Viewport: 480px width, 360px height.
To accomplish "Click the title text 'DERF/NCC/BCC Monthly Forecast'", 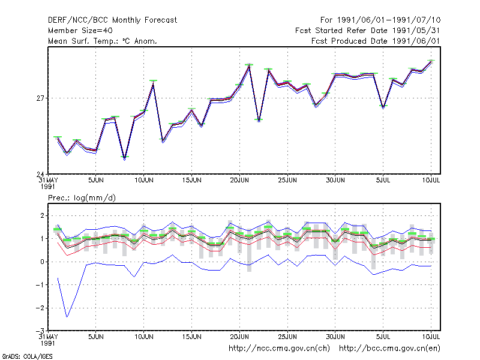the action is (x=112, y=20).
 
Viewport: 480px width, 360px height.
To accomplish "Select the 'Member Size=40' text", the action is (x=80, y=31).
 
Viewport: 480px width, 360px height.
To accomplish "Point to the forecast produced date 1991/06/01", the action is (x=376, y=41).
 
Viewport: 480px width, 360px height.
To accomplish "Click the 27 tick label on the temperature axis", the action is (x=40, y=98).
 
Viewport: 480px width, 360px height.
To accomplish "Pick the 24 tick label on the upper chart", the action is (x=40, y=174).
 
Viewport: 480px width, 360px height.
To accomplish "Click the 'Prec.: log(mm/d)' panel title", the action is (x=82, y=198).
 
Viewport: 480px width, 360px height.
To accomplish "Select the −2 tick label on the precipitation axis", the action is (x=40, y=308).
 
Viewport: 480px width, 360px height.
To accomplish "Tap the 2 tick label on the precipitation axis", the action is (x=42, y=215).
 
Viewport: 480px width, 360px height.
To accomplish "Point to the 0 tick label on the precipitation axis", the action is (x=42, y=262).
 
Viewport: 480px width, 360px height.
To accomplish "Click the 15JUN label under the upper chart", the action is (x=191, y=181).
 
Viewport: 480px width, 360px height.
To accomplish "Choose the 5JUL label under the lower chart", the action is (x=383, y=337).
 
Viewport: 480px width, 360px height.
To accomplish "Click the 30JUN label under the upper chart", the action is (x=335, y=181).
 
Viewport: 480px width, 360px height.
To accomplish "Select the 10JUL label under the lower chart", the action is (x=431, y=337).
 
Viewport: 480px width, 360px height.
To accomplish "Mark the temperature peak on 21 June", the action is (x=249, y=65).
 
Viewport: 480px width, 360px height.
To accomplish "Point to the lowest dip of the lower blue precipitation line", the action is (x=67, y=317).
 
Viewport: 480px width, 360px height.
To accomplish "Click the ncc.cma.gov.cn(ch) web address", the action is (x=279, y=349).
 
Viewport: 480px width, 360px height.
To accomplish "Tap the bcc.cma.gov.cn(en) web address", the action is (x=389, y=349).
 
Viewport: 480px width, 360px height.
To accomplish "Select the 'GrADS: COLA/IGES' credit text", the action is (x=27, y=356).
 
